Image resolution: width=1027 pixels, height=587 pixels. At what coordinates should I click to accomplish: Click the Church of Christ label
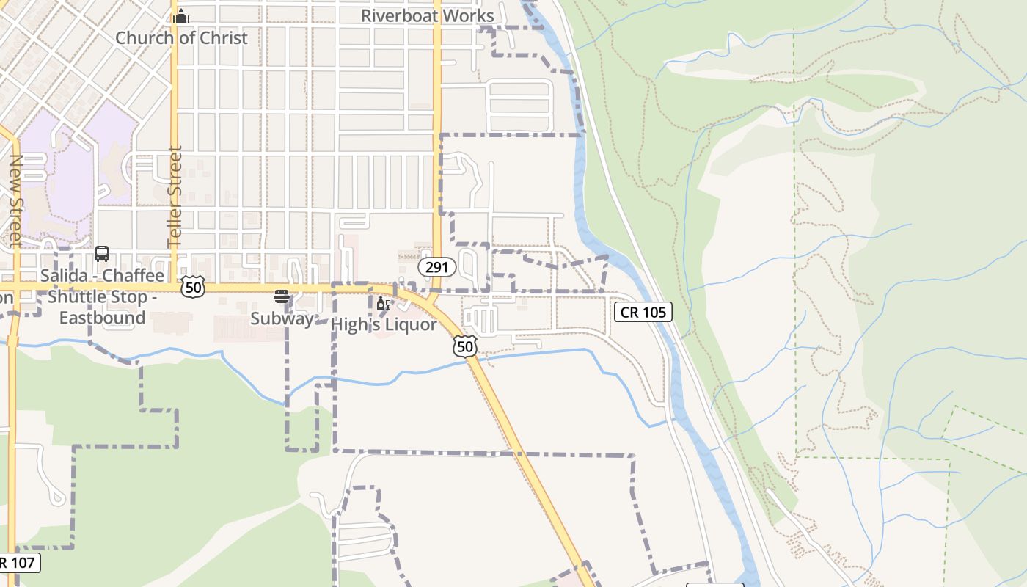click(181, 37)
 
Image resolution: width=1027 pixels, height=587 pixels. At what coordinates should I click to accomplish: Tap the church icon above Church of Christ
click(181, 16)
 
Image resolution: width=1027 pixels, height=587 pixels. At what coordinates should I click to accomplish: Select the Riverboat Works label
click(428, 15)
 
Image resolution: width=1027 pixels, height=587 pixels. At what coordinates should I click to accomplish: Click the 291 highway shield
click(437, 267)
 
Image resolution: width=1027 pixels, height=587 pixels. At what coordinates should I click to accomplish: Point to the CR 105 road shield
click(643, 312)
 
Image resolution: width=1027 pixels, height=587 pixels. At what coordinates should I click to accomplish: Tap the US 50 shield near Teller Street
click(193, 287)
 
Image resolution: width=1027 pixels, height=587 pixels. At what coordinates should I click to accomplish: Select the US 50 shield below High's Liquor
click(465, 346)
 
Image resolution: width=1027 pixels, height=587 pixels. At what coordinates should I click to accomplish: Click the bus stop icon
click(102, 254)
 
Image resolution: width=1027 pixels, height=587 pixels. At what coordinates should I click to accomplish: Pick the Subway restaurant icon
click(282, 296)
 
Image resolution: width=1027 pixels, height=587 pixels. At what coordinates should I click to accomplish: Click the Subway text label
click(282, 318)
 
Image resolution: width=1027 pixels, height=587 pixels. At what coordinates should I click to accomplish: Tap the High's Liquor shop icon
click(383, 304)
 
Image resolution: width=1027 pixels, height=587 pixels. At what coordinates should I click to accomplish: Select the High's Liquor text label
click(384, 324)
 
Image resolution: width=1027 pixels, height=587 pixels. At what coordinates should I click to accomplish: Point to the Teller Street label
click(175, 197)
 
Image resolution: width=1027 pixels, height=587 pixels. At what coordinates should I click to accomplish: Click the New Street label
click(15, 200)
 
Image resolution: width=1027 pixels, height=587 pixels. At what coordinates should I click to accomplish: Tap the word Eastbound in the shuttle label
click(102, 318)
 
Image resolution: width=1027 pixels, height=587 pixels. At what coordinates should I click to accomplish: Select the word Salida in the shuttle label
click(65, 276)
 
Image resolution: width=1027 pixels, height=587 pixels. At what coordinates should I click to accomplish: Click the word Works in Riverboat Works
click(467, 15)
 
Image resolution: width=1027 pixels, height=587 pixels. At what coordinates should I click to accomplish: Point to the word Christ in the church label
click(222, 37)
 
